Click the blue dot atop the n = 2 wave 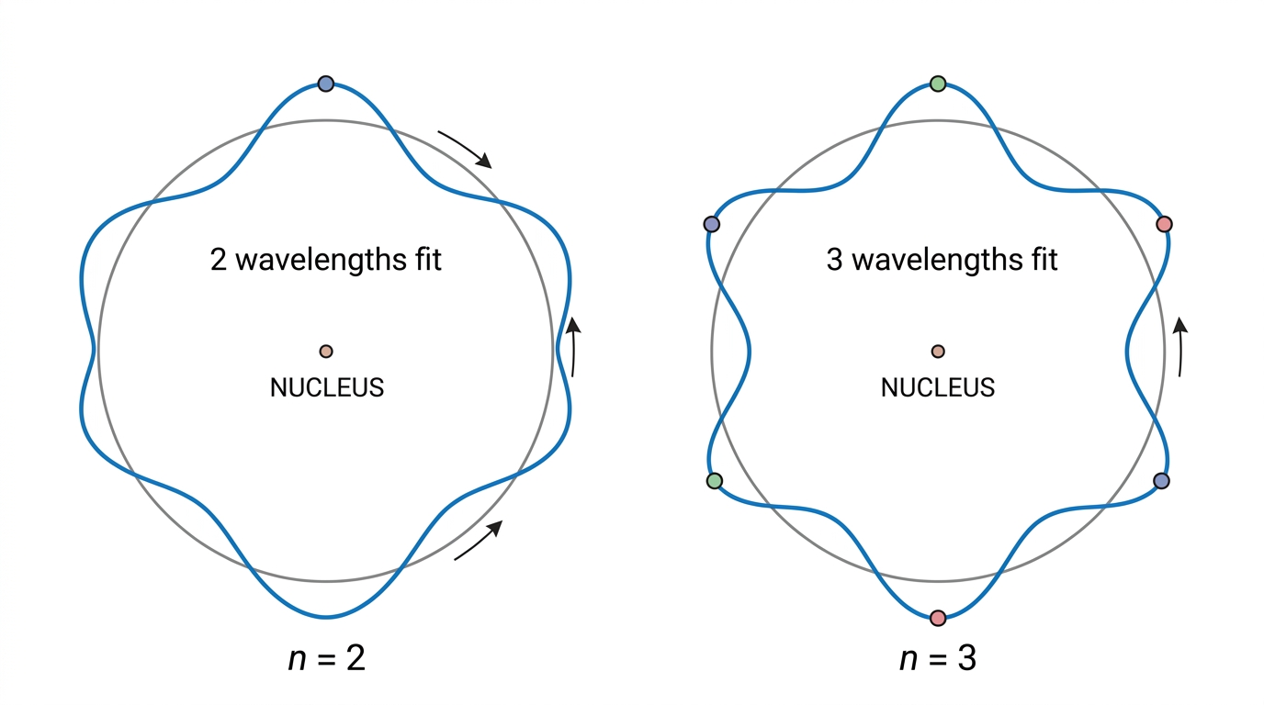[325, 84]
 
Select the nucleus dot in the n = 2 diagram [326, 352]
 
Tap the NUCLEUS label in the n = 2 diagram [327, 387]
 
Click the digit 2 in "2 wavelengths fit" [218, 260]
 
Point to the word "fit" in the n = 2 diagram [427, 259]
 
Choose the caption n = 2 [327, 657]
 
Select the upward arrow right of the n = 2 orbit [574, 346]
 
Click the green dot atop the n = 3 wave [938, 84]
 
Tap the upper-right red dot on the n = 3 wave [1164, 225]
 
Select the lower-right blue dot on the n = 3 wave [1161, 480]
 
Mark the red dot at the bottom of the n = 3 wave [938, 618]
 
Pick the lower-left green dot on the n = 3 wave [715, 480]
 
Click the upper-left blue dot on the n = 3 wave [712, 225]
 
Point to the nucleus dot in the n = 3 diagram [938, 352]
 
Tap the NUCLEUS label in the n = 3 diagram [938, 387]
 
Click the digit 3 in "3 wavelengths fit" [835, 260]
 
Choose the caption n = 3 [938, 657]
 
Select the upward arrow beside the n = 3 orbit [1181, 346]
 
